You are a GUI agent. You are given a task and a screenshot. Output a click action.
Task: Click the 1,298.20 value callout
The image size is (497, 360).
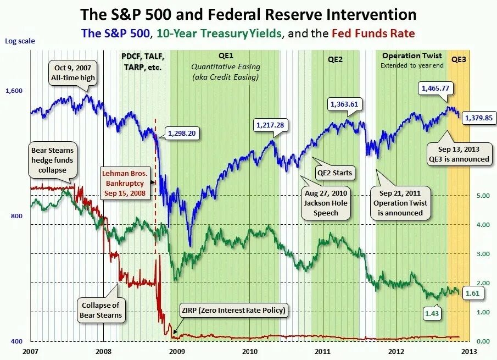pyautogui.click(x=182, y=133)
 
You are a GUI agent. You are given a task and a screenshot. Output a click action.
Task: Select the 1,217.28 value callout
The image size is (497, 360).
pyautogui.click(x=270, y=125)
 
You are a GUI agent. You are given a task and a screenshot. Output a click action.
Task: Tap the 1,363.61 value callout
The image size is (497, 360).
pyautogui.click(x=344, y=104)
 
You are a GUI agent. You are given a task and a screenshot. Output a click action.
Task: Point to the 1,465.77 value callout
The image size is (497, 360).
pyautogui.click(x=435, y=88)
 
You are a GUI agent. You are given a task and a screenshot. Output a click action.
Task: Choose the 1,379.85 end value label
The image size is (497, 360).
pyautogui.click(x=479, y=118)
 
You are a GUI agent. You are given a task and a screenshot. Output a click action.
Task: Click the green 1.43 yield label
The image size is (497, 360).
pyautogui.click(x=432, y=313)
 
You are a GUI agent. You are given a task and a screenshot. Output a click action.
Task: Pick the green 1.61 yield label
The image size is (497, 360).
pyautogui.click(x=473, y=293)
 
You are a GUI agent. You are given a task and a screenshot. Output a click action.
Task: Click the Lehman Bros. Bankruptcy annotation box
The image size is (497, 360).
pyautogui.click(x=125, y=183)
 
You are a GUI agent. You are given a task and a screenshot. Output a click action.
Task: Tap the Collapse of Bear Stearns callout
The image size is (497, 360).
pyautogui.click(x=101, y=310)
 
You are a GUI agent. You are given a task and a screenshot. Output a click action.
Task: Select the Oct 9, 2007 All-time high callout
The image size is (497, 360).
pyautogui.click(x=73, y=73)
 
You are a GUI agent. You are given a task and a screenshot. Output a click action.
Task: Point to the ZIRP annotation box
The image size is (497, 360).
pyautogui.click(x=233, y=310)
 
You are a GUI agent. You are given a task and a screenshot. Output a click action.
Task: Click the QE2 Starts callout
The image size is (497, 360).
pyautogui.click(x=334, y=173)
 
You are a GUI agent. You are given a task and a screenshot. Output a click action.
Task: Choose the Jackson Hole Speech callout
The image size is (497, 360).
pyautogui.click(x=326, y=203)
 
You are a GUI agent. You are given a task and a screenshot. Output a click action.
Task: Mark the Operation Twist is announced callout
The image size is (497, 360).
pyautogui.click(x=400, y=203)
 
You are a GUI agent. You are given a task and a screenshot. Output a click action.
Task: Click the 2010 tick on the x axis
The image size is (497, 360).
pyautogui.click(x=250, y=351)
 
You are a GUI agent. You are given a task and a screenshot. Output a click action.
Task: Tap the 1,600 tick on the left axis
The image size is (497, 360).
pyautogui.click(x=14, y=91)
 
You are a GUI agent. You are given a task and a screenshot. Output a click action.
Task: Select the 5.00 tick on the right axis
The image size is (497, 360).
pyautogui.click(x=483, y=196)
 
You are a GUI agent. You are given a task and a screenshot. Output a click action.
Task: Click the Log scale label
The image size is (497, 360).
pyautogui.click(x=20, y=41)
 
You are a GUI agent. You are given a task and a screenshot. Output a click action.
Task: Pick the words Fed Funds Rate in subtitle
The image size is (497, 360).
pyautogui.click(x=373, y=34)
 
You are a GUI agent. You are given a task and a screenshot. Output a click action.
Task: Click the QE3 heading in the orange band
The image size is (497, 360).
pyautogui.click(x=459, y=59)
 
